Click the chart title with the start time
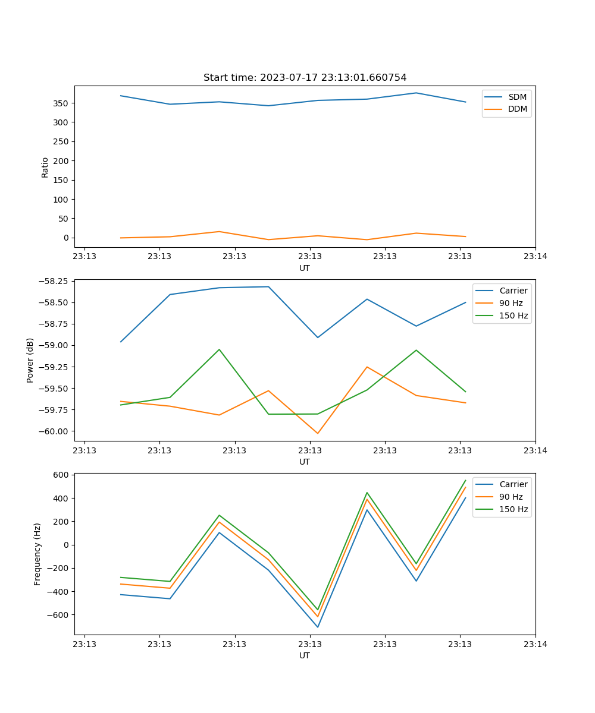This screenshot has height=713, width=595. tap(305, 78)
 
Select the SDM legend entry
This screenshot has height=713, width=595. tap(517, 97)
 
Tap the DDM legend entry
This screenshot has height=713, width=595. tap(517, 109)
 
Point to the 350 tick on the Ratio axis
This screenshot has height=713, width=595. tap(63, 103)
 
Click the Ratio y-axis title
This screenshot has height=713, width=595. tap(45, 167)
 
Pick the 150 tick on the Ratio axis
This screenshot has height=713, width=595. tap(63, 180)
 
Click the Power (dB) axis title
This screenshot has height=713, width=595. tap(30, 360)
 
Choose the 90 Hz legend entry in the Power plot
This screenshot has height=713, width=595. tap(511, 303)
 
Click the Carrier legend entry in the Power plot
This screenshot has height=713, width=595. tap(513, 291)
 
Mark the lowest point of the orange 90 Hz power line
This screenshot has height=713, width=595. tap(318, 433)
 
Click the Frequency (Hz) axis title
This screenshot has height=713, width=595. tap(37, 554)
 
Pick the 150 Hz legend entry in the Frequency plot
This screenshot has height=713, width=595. tap(513, 509)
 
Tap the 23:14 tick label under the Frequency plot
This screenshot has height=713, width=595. tap(535, 644)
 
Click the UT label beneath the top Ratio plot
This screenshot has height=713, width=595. tap(305, 268)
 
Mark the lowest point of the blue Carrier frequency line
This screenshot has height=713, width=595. tap(318, 627)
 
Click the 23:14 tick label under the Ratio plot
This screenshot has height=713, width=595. tap(535, 257)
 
